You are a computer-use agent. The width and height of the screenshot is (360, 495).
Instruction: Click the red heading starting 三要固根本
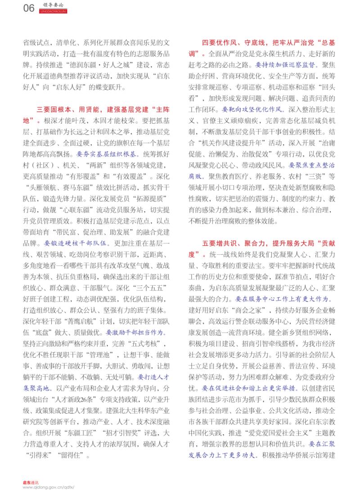pos(99,111)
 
